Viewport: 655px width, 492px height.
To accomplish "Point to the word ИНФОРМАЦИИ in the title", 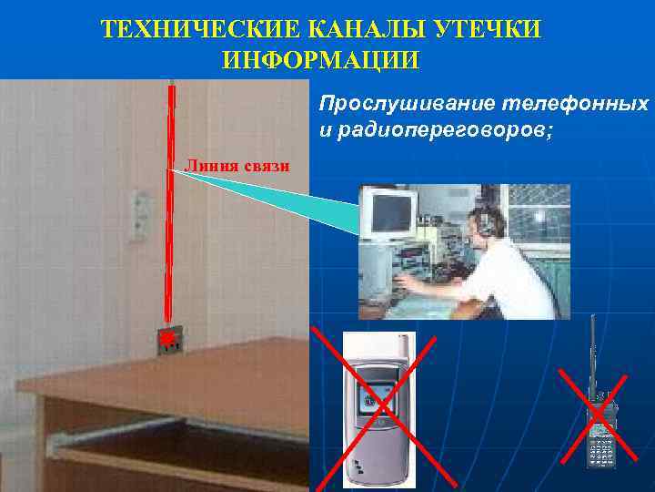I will coord(320,62).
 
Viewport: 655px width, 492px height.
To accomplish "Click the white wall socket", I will coord(139,215).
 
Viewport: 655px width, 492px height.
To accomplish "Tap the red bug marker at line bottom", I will coord(168,340).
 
